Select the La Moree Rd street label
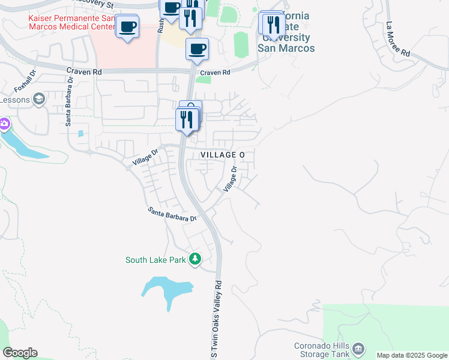(398, 40)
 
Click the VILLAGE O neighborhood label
(222, 155)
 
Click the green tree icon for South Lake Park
(195, 259)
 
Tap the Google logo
(20, 353)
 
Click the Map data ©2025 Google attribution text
(412, 356)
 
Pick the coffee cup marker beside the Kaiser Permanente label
(127, 27)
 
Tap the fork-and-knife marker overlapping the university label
(274, 25)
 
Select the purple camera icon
(4, 124)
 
